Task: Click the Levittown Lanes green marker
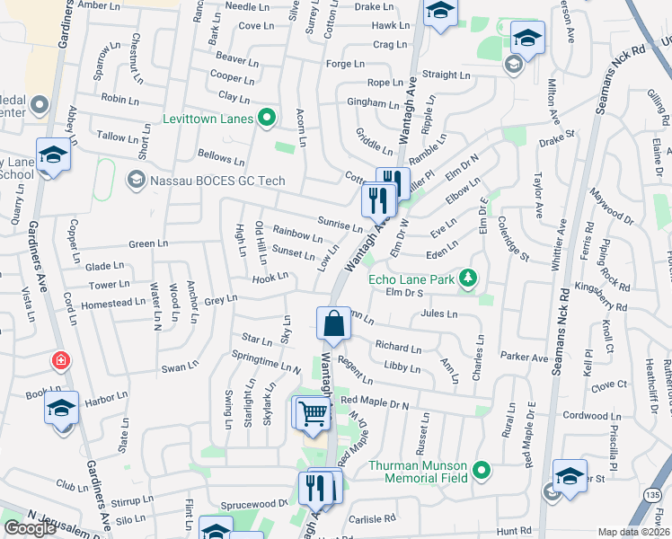point(267,117)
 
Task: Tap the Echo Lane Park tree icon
point(467,278)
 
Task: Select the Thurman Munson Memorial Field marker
point(482,469)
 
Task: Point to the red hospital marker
point(61,361)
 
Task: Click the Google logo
point(30,528)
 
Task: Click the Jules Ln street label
point(439,314)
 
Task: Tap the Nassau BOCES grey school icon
point(136,181)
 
